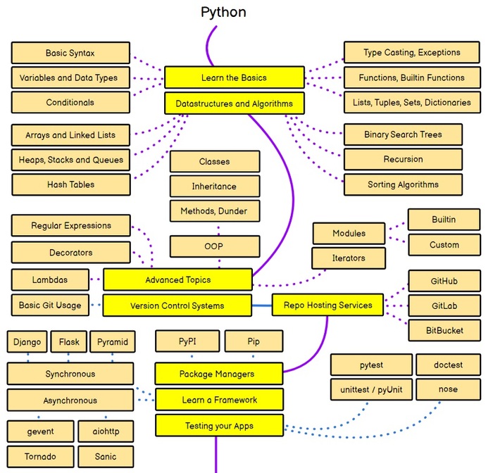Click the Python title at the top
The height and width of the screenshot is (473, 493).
click(223, 12)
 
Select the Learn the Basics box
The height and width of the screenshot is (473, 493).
click(234, 77)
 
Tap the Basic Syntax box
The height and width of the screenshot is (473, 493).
click(70, 53)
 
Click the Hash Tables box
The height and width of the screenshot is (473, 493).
click(70, 184)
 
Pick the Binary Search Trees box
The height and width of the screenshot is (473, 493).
click(403, 134)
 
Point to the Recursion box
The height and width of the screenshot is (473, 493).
click(403, 159)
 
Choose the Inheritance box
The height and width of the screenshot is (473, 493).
click(214, 187)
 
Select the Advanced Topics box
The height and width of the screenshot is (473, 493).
click(177, 279)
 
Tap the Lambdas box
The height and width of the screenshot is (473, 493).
click(50, 279)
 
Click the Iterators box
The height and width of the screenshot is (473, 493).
click(349, 258)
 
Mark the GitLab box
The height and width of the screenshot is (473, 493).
click(444, 306)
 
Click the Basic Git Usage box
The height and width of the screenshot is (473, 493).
click(50, 305)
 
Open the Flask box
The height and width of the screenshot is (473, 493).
click(69, 343)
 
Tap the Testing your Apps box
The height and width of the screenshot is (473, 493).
click(219, 425)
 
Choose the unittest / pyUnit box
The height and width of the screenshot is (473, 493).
click(370, 389)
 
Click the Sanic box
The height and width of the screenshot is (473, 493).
click(106, 456)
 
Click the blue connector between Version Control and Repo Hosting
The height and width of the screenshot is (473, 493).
click(262, 305)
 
